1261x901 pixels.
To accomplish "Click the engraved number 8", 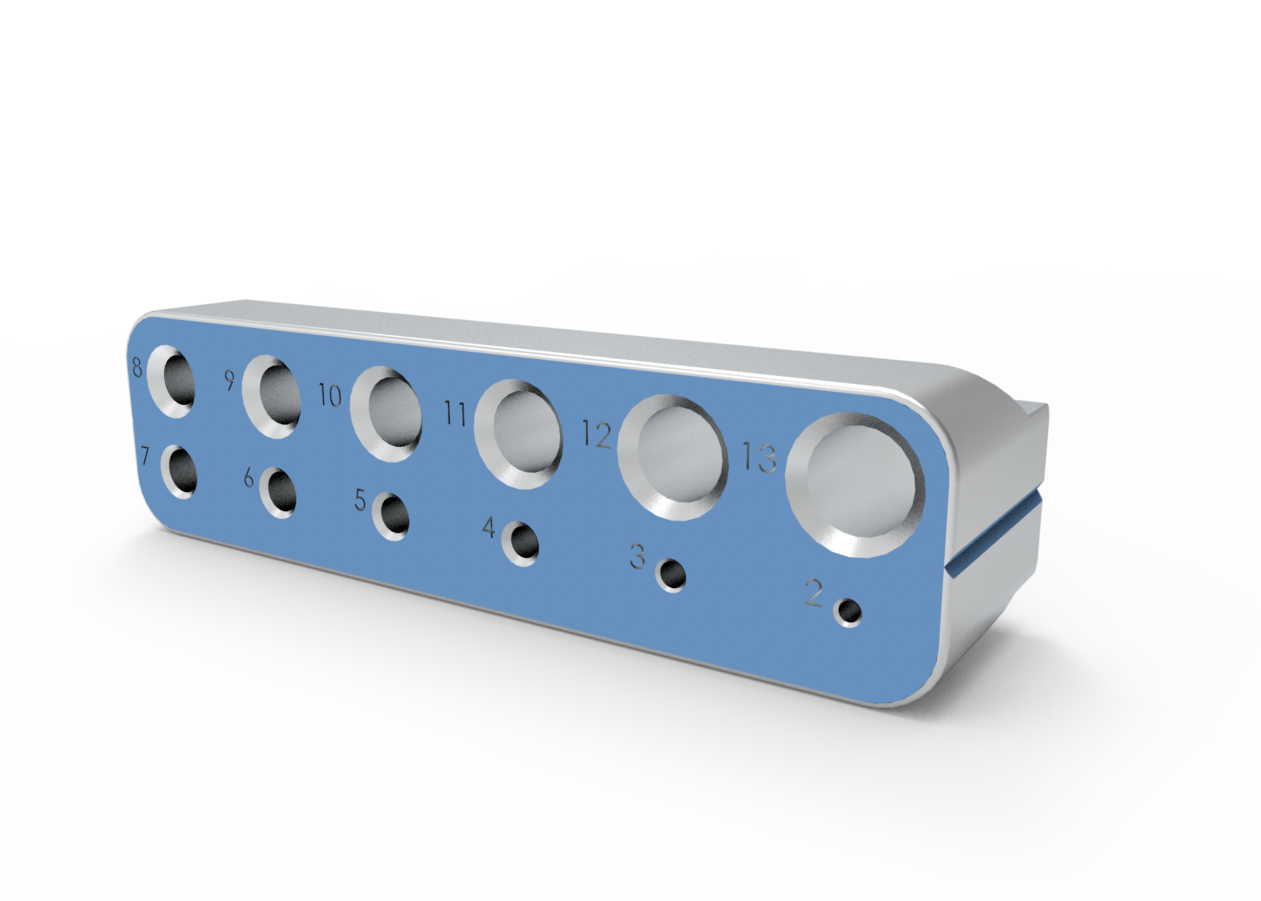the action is click(x=137, y=367).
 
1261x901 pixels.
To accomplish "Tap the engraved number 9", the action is click(x=229, y=380).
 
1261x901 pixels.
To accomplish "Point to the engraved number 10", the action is click(x=330, y=395).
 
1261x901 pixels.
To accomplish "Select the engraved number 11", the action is click(x=455, y=413).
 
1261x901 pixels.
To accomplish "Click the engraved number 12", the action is click(x=597, y=435).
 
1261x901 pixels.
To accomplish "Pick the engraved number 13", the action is click(x=760, y=457).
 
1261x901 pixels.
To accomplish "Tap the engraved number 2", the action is click(x=814, y=592).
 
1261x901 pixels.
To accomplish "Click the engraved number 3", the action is click(x=638, y=556).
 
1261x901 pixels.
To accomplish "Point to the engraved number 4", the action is click(x=489, y=526).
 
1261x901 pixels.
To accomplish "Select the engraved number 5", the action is click(x=360, y=499).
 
